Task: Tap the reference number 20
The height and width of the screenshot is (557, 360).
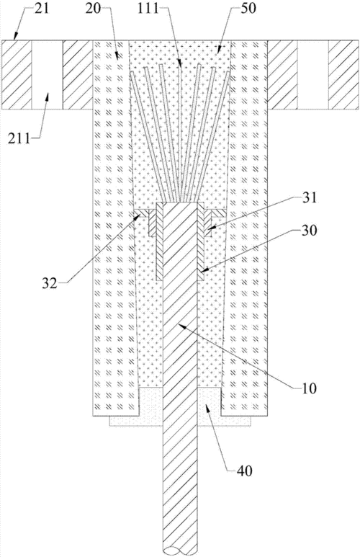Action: tap(94, 9)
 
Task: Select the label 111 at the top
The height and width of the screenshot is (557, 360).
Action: tap(148, 8)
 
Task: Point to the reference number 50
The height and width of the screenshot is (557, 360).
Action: tap(248, 8)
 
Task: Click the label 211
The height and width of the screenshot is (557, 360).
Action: tap(19, 138)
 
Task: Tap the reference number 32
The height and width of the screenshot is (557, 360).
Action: tap(50, 283)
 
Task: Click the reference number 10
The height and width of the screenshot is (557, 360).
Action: tap(309, 388)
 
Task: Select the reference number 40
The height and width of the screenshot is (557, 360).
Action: tap(244, 471)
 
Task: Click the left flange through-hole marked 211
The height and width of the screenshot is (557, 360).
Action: tap(48, 75)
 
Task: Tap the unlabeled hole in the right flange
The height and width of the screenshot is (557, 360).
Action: tap(312, 75)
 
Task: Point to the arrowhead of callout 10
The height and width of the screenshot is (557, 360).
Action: tap(181, 326)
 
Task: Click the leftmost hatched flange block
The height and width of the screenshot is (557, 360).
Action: tap(17, 75)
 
